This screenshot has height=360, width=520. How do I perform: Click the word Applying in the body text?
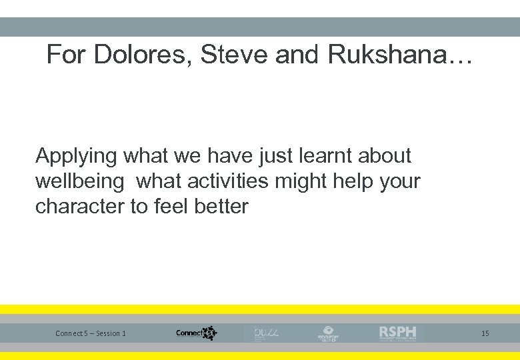point(77,157)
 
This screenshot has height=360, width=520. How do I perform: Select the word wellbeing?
point(79,181)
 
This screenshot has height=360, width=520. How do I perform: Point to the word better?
point(221,207)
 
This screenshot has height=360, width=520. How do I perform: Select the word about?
point(385,155)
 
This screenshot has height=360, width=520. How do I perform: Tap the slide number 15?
point(485,333)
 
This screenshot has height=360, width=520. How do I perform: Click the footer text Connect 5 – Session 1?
point(91,333)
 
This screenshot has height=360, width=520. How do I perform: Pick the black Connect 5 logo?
point(196,333)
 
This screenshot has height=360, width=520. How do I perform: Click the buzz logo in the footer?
point(265,333)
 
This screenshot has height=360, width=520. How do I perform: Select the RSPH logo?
point(398,333)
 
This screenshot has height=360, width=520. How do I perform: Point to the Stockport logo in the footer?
point(329,333)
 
